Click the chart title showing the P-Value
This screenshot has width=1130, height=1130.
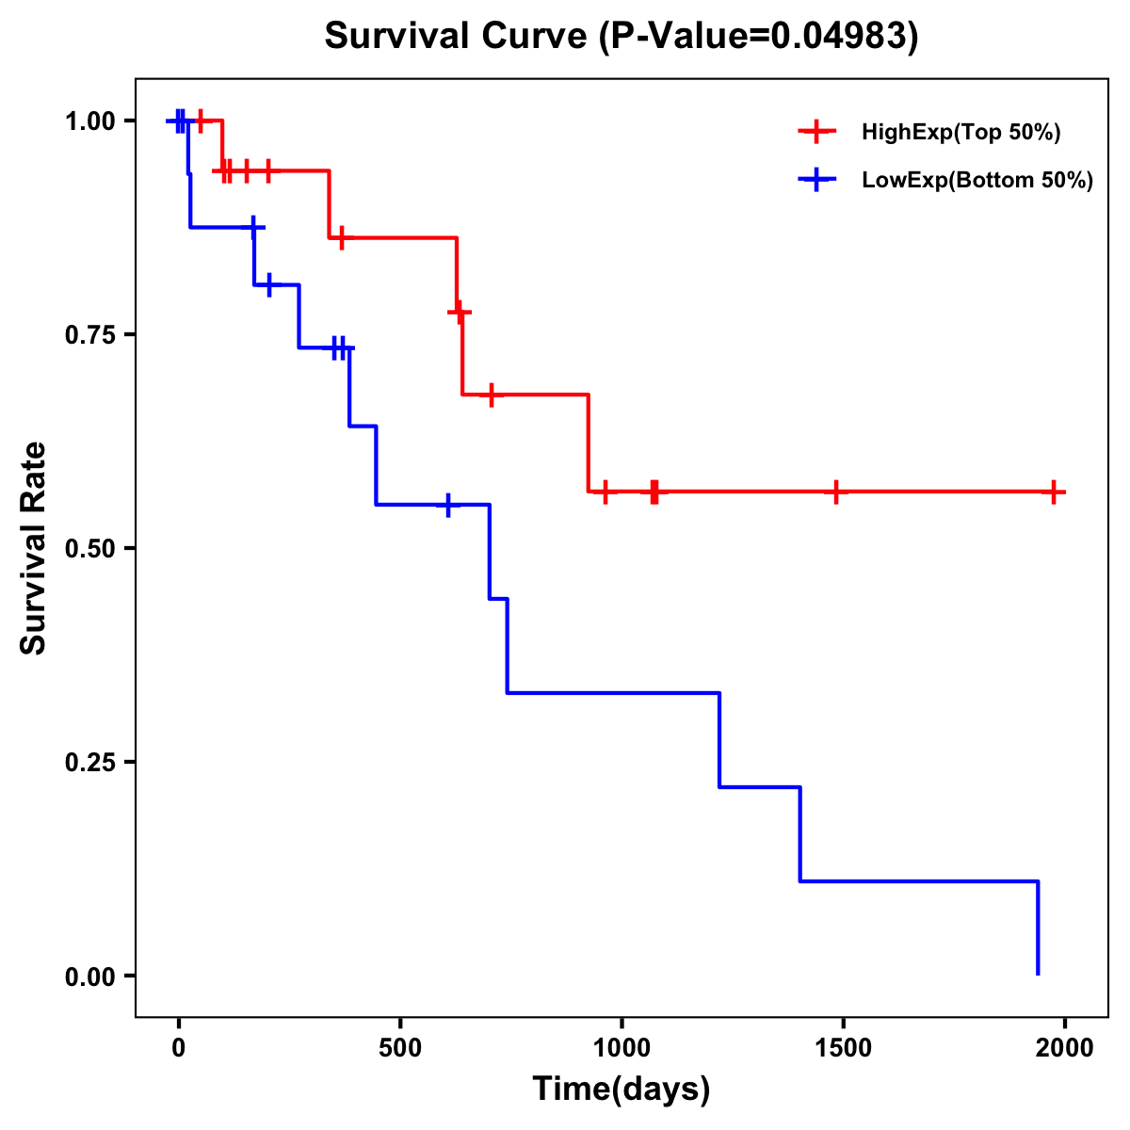pyautogui.click(x=621, y=36)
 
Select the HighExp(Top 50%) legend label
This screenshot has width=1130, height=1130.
pyautogui.click(x=961, y=133)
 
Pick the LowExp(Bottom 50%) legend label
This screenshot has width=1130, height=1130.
pyautogui.click(x=977, y=181)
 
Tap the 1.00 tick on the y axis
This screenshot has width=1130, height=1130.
pyautogui.click(x=89, y=121)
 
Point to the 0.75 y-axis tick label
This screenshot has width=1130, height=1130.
pyautogui.click(x=89, y=335)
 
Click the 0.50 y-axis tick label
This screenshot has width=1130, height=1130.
pyautogui.click(x=89, y=549)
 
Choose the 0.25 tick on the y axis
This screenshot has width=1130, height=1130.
pyautogui.click(x=89, y=763)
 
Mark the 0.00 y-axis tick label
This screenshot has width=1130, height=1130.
pyautogui.click(x=89, y=977)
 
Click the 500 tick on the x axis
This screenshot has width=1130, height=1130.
pyautogui.click(x=400, y=1048)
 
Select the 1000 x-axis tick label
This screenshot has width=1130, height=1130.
pyautogui.click(x=621, y=1048)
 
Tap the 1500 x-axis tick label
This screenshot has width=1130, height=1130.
pyautogui.click(x=843, y=1048)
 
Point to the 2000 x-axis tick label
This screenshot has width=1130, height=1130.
pyautogui.click(x=1065, y=1048)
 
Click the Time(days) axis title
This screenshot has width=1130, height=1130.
pyautogui.click(x=621, y=1090)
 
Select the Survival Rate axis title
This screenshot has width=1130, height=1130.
pyautogui.click(x=34, y=548)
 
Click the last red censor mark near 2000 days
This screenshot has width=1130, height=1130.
pyautogui.click(x=1055, y=492)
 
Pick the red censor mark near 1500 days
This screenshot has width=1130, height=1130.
pyautogui.click(x=835, y=492)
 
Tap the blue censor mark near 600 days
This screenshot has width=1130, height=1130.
pyautogui.click(x=448, y=505)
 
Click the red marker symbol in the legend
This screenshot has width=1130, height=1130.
pyautogui.click(x=816, y=133)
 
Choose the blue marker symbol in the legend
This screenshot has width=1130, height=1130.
pyautogui.click(x=816, y=181)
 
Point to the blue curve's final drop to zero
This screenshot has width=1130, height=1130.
pyautogui.click(x=1038, y=928)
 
